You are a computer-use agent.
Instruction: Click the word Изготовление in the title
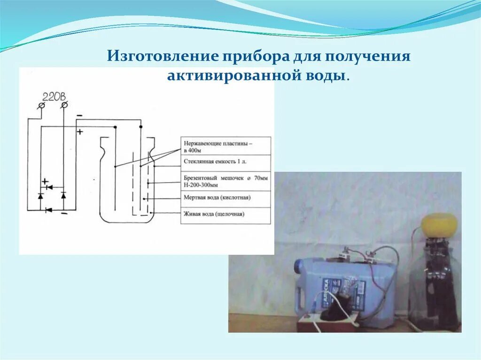tap(162, 56)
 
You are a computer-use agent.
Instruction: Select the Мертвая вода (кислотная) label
tap(217, 198)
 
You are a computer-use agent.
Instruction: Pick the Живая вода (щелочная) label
tap(214, 214)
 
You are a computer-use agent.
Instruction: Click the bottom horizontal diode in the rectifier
tap(47, 210)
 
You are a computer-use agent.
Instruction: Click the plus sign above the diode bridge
tap(45, 181)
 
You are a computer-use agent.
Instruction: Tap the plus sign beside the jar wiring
tap(79, 132)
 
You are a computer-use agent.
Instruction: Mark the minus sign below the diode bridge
tap(64, 214)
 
